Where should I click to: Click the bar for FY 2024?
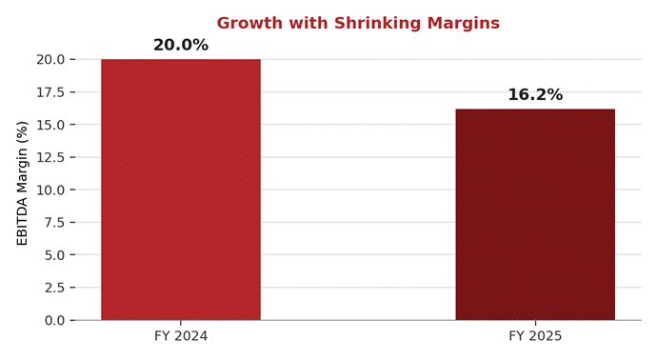point(181,190)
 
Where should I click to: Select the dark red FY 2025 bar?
point(535,214)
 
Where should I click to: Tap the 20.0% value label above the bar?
point(181,45)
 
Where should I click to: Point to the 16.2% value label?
point(535,94)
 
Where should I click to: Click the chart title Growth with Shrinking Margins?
point(358,23)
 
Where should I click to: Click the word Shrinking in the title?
point(377,23)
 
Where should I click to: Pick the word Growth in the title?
point(249,23)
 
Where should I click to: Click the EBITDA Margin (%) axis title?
point(22,183)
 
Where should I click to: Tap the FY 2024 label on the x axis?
point(181,336)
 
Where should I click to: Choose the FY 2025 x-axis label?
point(535,336)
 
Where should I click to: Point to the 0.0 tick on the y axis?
point(55,321)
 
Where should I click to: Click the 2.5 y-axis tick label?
point(55,288)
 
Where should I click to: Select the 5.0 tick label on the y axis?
point(55,255)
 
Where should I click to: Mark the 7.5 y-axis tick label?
point(55,223)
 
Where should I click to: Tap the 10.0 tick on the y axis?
point(51,190)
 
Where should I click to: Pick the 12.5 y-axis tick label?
point(51,157)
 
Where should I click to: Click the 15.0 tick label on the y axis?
point(51,125)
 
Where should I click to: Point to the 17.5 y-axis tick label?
point(51,92)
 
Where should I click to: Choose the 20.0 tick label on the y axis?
point(51,59)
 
